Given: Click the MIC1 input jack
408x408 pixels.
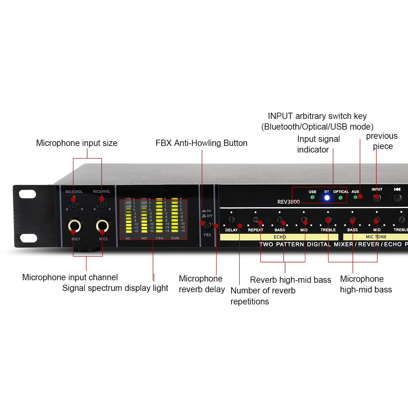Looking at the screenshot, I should pyautogui.click(x=75, y=225).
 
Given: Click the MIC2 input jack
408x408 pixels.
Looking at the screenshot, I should pyautogui.click(x=102, y=225).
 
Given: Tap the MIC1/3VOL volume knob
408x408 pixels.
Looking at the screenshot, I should pyautogui.click(x=74, y=205).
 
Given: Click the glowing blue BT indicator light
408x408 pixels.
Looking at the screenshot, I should pyautogui.click(x=327, y=198).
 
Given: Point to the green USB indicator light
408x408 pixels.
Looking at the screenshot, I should pyautogui.click(x=312, y=197).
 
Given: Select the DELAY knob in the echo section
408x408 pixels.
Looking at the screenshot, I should pyautogui.click(x=231, y=220).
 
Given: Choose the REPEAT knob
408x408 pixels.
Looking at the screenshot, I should pyautogui.click(x=255, y=220).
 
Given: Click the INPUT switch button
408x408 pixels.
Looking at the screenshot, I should pyautogui.click(x=377, y=198).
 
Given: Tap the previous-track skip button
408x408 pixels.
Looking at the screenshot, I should pyautogui.click(x=397, y=198).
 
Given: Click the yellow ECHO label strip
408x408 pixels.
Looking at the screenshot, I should pyautogui.click(x=279, y=237).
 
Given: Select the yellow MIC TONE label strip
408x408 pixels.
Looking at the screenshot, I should pyautogui.click(x=376, y=237).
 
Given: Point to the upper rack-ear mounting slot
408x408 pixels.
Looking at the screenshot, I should pyautogui.click(x=28, y=194).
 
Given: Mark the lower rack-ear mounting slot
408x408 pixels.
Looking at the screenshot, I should pyautogui.click(x=28, y=238).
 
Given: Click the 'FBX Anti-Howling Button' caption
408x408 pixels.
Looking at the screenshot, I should pyautogui.click(x=201, y=143).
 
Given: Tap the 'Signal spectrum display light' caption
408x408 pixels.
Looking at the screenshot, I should pyautogui.click(x=115, y=288).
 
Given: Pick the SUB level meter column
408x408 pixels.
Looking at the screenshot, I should pyautogui.click(x=175, y=216).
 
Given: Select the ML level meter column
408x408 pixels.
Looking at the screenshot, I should pyautogui.click(x=129, y=216).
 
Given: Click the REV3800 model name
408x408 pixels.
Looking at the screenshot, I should pyautogui.click(x=288, y=202).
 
